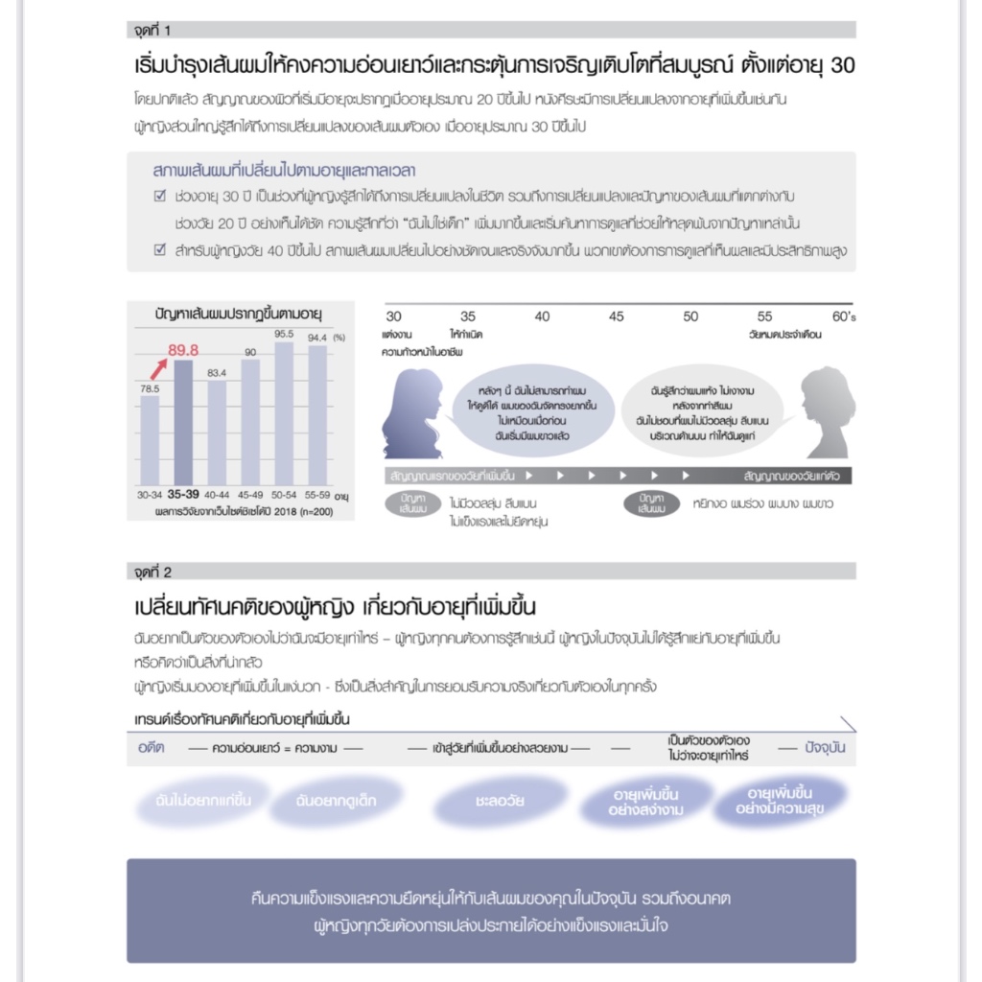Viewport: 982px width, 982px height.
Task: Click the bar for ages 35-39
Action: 182,422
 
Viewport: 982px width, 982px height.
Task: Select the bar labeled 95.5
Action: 283,412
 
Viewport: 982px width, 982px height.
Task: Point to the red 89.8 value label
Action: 182,350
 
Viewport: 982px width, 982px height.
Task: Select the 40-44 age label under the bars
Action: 217,496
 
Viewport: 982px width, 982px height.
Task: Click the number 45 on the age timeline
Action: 616,316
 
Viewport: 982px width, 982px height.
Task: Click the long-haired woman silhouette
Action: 412,414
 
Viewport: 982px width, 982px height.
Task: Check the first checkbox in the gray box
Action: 160,197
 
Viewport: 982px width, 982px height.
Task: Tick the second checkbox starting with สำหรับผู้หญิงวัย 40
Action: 160,250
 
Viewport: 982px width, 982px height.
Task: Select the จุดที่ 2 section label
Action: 153,573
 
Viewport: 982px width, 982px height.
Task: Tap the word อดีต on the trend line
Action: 151,747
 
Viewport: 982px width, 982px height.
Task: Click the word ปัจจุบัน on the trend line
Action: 826,747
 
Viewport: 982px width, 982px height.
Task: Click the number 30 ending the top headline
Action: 840,66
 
